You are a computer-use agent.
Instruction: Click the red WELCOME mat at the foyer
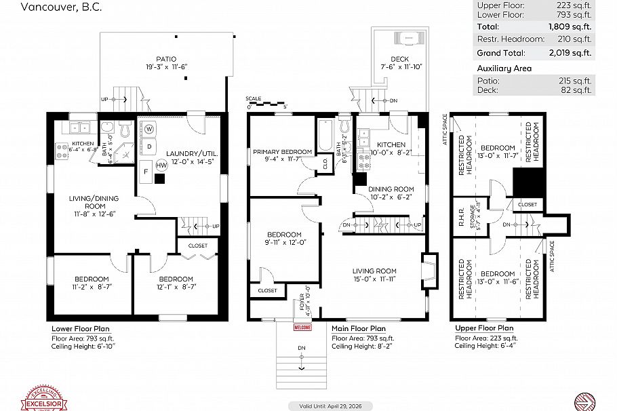[302, 327]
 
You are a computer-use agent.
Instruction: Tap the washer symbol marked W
[148, 129]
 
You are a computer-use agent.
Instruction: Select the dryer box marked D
[148, 146]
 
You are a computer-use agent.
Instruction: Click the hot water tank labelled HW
[161, 165]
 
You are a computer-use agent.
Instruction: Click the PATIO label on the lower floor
[166, 59]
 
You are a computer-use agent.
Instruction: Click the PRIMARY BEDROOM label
[283, 152]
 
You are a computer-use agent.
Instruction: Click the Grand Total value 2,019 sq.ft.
[571, 52]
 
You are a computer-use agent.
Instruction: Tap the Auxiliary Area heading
[504, 68]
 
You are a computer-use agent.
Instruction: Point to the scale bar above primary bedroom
[267, 104]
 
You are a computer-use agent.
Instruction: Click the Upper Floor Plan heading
[484, 328]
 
